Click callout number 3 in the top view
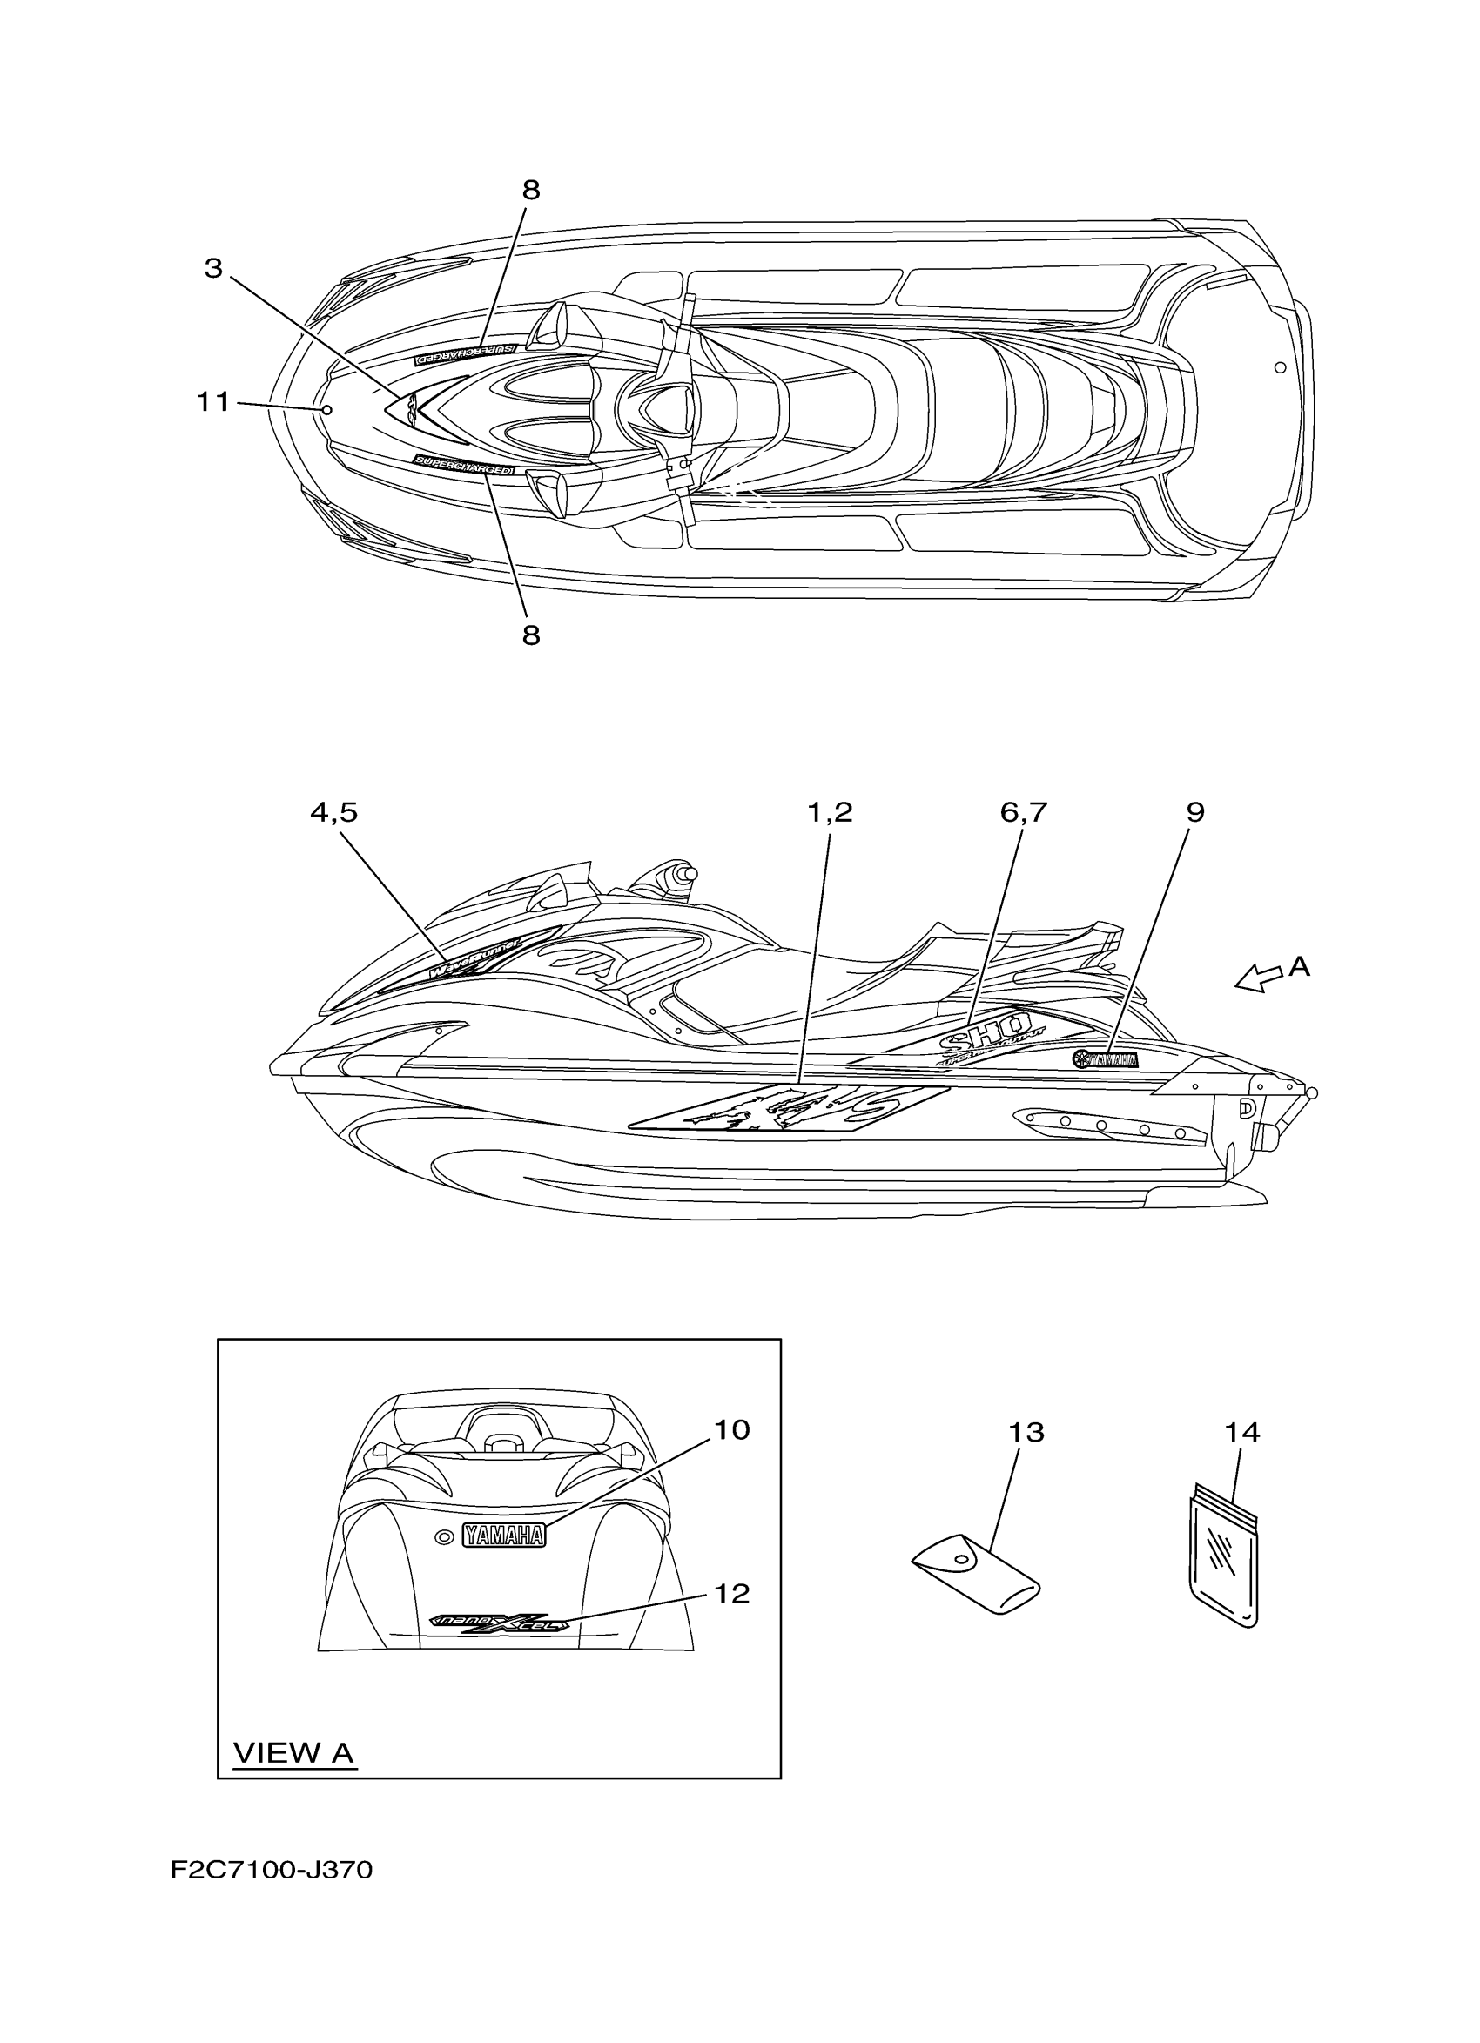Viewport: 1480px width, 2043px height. [212, 268]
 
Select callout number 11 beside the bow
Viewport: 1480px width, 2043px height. [213, 403]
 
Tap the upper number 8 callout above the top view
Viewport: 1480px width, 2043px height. [531, 190]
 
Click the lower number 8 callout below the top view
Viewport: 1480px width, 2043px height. [531, 635]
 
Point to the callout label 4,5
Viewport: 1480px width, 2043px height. [333, 812]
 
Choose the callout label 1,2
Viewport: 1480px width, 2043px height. [829, 812]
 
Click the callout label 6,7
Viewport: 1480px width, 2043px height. [1023, 812]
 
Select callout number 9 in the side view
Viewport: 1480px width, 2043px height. [1194, 812]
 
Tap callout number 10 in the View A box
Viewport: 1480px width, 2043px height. [731, 1429]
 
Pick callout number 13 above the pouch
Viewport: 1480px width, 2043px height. [1026, 1432]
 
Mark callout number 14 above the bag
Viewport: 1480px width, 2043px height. [1242, 1432]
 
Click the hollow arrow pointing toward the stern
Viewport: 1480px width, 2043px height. [1257, 978]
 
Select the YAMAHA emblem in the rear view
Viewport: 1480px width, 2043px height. [503, 1535]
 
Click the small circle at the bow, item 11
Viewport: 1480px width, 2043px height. [327, 410]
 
